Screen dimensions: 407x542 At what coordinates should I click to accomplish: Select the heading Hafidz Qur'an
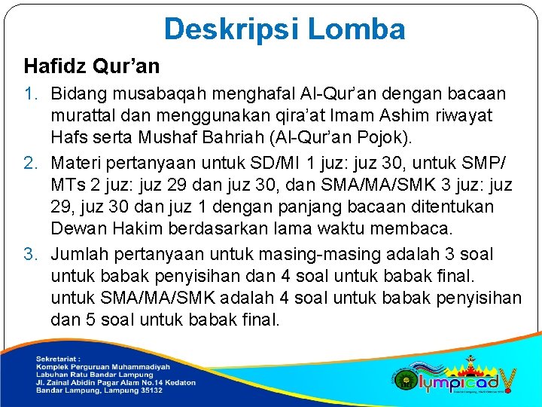pyautogui.click(x=92, y=66)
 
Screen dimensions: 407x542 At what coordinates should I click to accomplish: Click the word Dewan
pyautogui.click(x=75, y=229)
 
